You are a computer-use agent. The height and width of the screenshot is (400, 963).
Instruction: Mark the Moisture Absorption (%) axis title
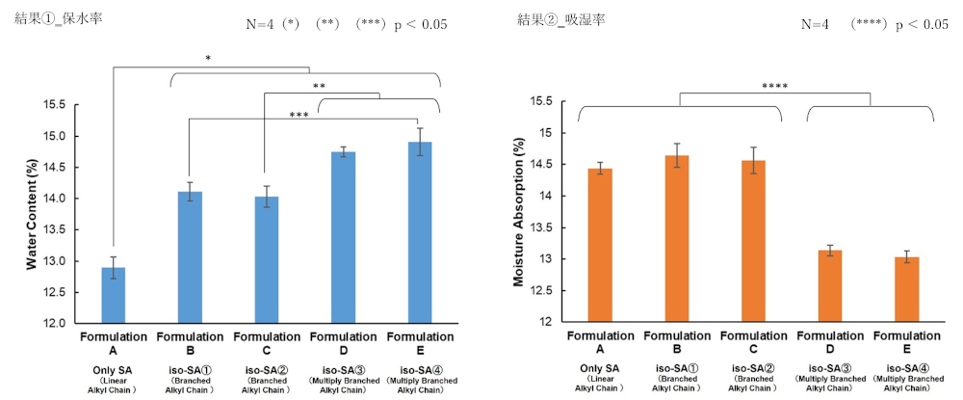point(521,213)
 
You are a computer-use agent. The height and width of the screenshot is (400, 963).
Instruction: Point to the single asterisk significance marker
point(208,59)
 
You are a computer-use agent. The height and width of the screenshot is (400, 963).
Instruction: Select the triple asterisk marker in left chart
point(299,116)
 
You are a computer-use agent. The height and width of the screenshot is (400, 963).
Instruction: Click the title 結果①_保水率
point(59,16)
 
